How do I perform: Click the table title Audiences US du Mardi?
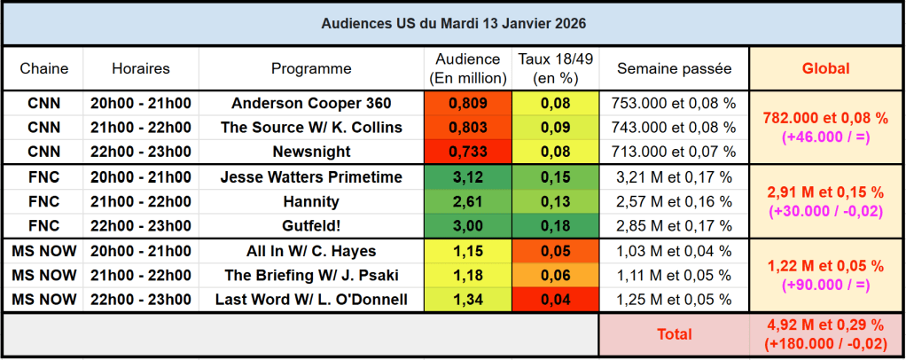[453, 22]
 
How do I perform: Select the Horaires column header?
[141, 68]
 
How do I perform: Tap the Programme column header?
[311, 68]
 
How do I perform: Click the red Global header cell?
[825, 68]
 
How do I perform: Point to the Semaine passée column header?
[674, 68]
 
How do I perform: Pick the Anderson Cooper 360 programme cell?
[311, 103]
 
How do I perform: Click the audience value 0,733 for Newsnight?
[468, 152]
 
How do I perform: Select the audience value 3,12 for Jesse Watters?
[468, 177]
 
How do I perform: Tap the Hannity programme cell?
[311, 201]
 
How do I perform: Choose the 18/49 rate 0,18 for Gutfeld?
[556, 226]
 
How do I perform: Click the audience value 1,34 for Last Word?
[468, 300]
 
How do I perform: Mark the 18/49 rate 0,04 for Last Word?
[556, 300]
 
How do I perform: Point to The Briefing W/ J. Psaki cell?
[311, 276]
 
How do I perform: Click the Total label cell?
[674, 334]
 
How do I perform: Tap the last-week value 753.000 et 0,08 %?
[674, 103]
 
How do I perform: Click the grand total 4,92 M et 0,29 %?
[825, 326]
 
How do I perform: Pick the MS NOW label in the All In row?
[43, 251]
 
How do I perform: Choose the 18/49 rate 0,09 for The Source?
[556, 128]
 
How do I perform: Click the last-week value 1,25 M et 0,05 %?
[674, 300]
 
